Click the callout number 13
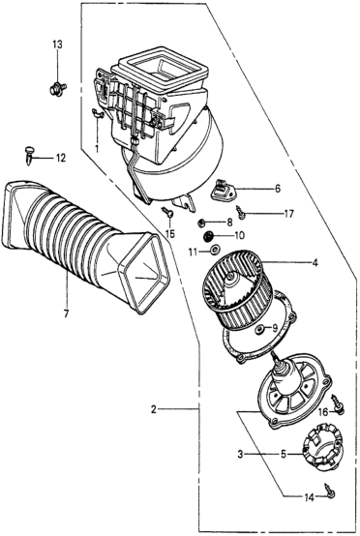point(57,45)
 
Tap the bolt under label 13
point(57,89)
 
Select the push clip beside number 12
point(30,155)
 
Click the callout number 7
point(66,313)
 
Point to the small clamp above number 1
point(97,114)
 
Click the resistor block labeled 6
point(223,190)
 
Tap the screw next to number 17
point(242,213)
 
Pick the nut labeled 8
point(202,223)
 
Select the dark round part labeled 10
point(208,235)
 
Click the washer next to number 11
point(216,251)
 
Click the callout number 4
point(315,263)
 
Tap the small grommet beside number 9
point(261,329)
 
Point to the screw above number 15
point(168,212)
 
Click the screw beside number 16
point(337,403)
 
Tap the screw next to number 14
point(330,490)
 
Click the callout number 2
point(154,409)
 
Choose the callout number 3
point(241,455)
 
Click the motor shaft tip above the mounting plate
point(273,354)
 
